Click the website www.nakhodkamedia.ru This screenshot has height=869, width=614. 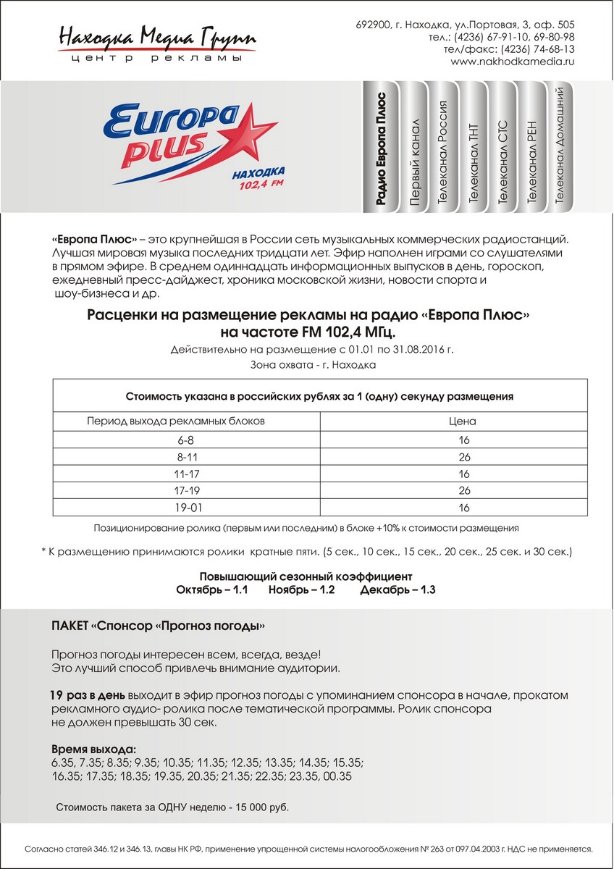512,62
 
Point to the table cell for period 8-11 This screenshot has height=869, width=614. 177,456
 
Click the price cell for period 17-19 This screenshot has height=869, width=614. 464,490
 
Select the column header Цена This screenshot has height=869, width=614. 464,421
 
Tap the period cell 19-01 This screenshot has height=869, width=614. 177,507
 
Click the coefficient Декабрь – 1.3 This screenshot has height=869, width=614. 398,590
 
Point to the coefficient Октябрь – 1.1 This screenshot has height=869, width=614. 212,590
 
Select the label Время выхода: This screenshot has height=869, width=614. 94,749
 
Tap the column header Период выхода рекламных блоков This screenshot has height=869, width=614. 177,421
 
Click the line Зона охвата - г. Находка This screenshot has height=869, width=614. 313,364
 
